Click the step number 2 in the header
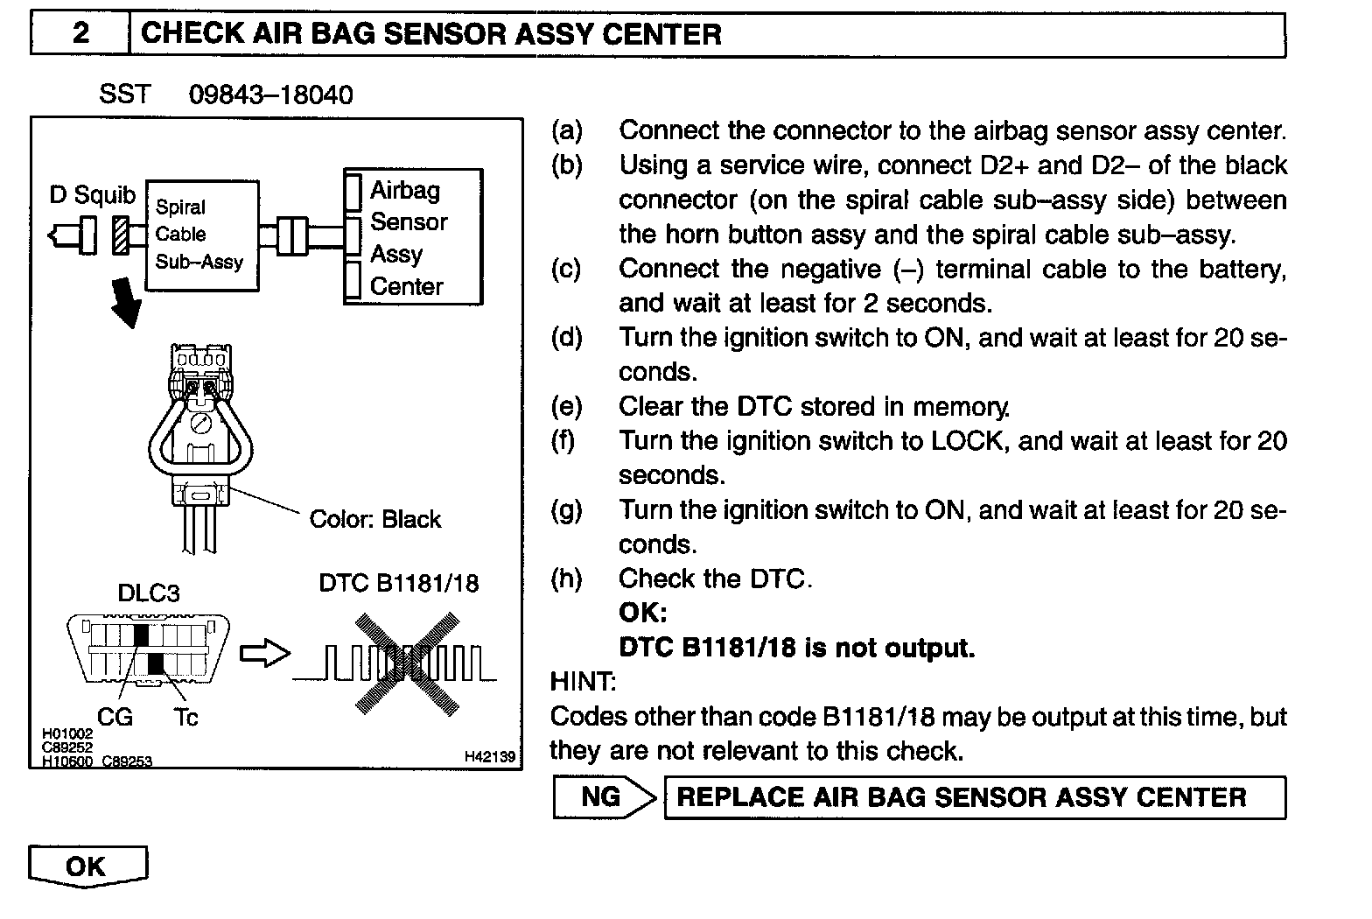tap(80, 34)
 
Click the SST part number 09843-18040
tap(270, 95)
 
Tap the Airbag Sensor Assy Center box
tap(413, 237)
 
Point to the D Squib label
tap(93, 194)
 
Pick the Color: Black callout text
tap(374, 519)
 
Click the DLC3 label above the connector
tap(149, 593)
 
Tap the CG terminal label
tap(115, 718)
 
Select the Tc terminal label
tap(185, 718)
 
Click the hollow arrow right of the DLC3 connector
tap(264, 654)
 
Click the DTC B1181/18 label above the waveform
tap(399, 583)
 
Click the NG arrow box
tap(604, 797)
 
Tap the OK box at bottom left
tap(87, 866)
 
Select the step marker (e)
tap(566, 406)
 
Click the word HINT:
tap(582, 681)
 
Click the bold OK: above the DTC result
tap(642, 613)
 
